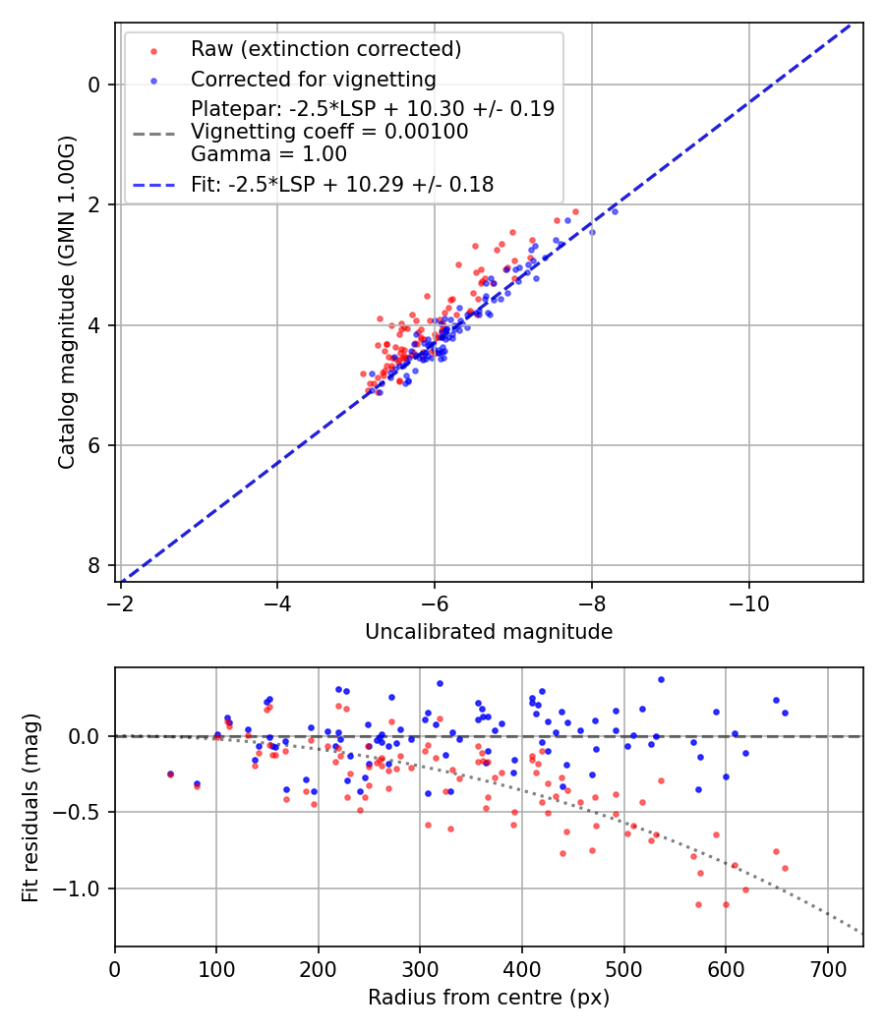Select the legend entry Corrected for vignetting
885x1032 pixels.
(x=314, y=79)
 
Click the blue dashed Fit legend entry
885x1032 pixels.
(x=342, y=184)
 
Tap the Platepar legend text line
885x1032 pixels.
(x=373, y=109)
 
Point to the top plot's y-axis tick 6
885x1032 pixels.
(x=93, y=445)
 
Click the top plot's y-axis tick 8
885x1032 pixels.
(x=93, y=565)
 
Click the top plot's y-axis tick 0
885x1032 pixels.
(x=93, y=85)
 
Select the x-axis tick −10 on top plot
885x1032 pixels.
(x=749, y=600)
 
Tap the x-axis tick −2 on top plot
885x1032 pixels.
(x=121, y=600)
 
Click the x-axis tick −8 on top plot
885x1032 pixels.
(x=592, y=600)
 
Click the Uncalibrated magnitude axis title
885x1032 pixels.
(x=489, y=632)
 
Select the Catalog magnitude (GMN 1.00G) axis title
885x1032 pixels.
(x=66, y=302)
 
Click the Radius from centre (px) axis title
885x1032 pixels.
(x=489, y=998)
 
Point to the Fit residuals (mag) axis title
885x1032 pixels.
(x=30, y=807)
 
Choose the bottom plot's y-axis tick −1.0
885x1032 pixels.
(x=83, y=889)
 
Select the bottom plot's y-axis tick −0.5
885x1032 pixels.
(x=83, y=812)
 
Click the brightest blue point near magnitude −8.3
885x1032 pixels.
(x=615, y=211)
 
